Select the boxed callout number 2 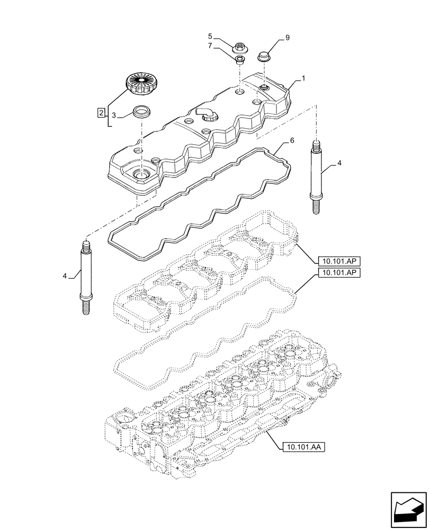tap(100, 112)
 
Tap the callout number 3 tap(113, 114)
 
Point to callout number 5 tap(210, 36)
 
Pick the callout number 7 tap(210, 47)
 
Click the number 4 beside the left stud tap(65, 276)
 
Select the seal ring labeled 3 tap(141, 112)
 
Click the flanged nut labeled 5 tap(239, 47)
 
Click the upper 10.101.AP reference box tap(339, 260)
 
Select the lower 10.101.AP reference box tap(339, 273)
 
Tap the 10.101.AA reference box tap(301, 447)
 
